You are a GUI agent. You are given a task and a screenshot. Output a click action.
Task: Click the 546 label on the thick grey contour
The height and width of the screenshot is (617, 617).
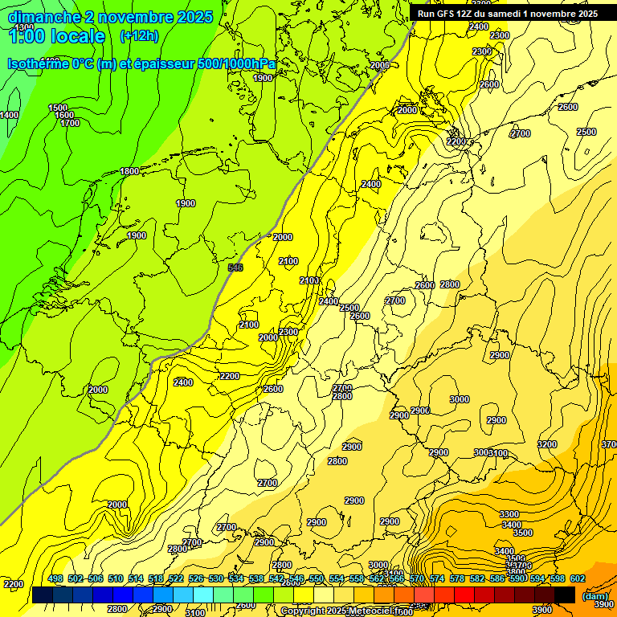(235, 268)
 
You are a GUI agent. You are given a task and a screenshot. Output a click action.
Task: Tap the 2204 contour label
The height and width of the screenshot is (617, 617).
(456, 141)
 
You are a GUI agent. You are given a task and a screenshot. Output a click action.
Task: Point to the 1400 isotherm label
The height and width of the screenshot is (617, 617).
(9, 115)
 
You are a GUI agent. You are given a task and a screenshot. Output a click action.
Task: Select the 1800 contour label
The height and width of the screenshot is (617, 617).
(129, 171)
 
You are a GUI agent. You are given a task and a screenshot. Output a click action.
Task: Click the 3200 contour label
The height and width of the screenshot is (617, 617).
(547, 444)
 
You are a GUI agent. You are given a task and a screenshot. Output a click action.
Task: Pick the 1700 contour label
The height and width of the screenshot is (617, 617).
(70, 123)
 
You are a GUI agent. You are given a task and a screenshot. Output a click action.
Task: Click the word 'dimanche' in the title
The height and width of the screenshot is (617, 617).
(40, 17)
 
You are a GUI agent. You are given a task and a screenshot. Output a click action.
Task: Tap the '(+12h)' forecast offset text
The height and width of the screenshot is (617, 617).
(139, 35)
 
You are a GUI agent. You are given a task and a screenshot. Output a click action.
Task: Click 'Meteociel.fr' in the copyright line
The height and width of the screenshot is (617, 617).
(375, 611)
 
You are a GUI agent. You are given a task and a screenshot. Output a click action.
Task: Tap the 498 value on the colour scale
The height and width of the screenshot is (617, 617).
(55, 578)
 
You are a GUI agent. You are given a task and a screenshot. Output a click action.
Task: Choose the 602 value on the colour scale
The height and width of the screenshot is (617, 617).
(578, 578)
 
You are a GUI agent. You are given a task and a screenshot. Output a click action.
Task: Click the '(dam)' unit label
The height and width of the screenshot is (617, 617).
(595, 595)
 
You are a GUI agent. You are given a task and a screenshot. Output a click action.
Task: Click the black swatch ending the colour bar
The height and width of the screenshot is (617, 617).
(565, 595)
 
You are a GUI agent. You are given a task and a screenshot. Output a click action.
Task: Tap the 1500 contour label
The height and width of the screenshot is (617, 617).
(58, 108)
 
